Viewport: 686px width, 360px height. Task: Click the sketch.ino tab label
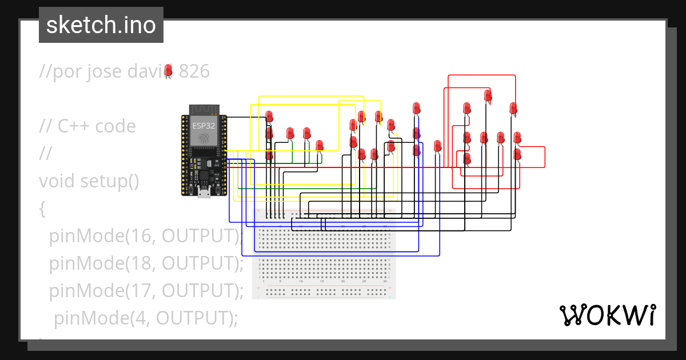click(101, 25)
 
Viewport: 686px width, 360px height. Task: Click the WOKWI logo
click(607, 315)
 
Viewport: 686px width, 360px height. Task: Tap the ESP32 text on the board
click(204, 126)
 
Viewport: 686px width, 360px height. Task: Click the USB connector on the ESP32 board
click(204, 193)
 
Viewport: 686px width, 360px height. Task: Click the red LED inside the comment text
click(168, 70)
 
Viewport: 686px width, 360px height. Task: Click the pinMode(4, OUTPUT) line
click(145, 318)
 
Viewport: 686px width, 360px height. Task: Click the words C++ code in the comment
click(97, 126)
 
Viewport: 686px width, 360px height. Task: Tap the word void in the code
click(57, 181)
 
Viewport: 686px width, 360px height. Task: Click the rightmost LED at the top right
click(513, 108)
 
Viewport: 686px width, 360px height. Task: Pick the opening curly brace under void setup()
click(42, 209)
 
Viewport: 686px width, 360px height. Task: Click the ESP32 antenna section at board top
click(204, 109)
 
